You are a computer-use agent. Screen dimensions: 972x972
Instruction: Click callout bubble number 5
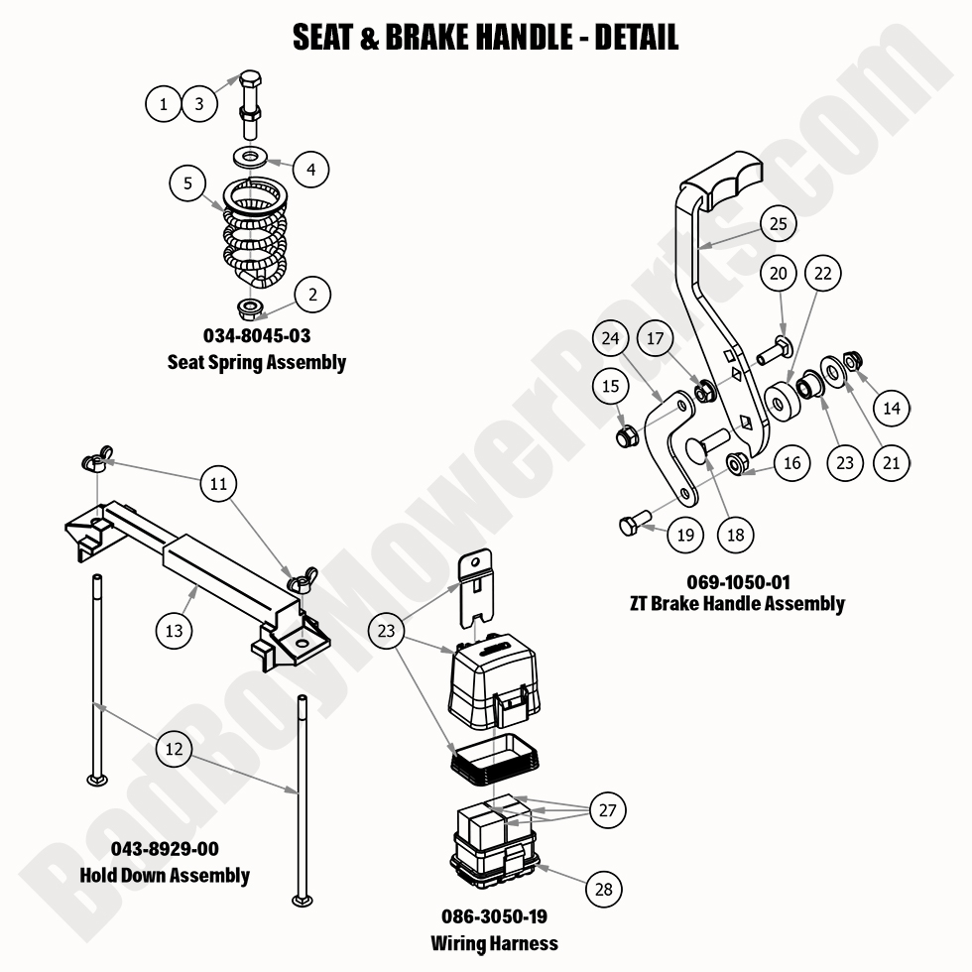click(x=187, y=183)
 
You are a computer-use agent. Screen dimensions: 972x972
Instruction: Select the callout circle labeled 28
click(x=604, y=890)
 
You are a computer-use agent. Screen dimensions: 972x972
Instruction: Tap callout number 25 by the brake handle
click(x=779, y=224)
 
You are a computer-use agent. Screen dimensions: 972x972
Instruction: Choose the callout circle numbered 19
click(x=684, y=536)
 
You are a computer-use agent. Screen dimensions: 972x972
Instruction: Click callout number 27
click(x=607, y=810)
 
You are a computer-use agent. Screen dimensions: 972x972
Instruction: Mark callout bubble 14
click(x=892, y=408)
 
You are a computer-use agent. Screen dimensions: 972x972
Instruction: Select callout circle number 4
click(x=310, y=170)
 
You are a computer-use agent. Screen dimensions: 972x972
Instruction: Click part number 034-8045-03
click(x=257, y=336)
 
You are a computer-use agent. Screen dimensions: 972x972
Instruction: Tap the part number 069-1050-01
click(x=737, y=581)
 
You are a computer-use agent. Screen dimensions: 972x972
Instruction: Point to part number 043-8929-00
click(x=166, y=849)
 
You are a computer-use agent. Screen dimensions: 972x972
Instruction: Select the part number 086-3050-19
click(x=494, y=916)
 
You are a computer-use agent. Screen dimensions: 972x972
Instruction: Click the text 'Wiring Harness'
click(x=494, y=943)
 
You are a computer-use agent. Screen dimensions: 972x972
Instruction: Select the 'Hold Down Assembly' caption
click(x=166, y=875)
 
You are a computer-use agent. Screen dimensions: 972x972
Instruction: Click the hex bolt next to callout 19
click(x=631, y=525)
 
